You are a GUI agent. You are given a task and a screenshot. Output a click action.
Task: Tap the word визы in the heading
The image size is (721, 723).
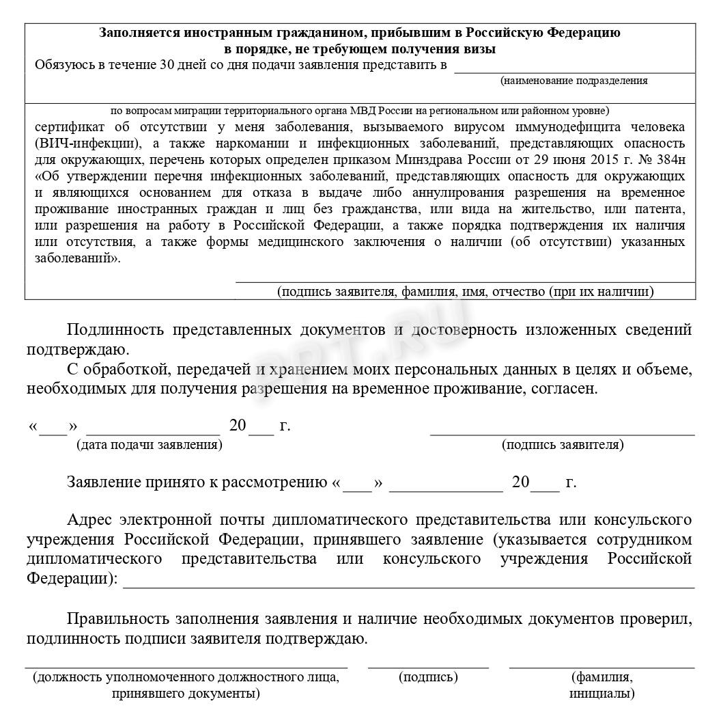(x=481, y=49)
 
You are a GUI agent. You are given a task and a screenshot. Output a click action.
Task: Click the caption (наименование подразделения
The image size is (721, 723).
(x=574, y=81)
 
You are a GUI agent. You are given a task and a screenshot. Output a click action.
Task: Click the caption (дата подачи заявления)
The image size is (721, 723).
(x=149, y=445)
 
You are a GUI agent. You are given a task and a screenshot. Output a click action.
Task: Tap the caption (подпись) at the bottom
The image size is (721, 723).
(x=428, y=677)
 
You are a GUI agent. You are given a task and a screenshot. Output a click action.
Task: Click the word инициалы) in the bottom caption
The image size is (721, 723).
(x=602, y=694)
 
